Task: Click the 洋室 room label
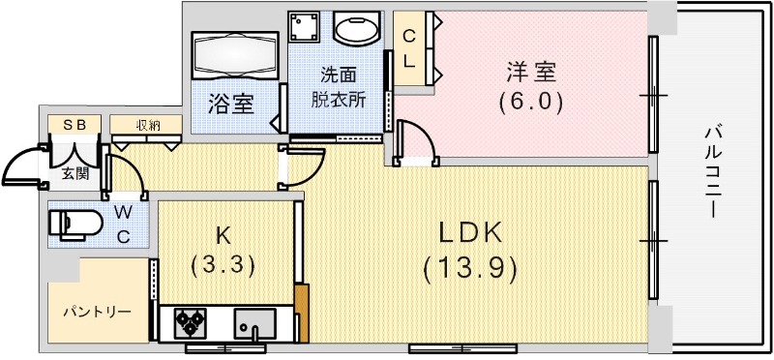(x=531, y=71)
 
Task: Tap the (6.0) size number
(x=531, y=100)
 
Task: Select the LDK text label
(x=470, y=232)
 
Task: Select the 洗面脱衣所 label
(x=339, y=87)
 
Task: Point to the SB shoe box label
(x=74, y=125)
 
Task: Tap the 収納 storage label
(x=147, y=125)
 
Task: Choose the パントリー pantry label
(x=98, y=313)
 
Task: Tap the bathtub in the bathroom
(x=234, y=55)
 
